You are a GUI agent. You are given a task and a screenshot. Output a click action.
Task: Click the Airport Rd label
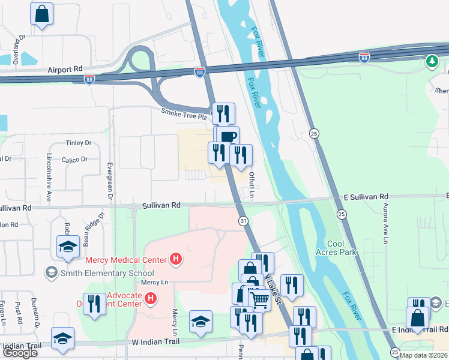point(65,70)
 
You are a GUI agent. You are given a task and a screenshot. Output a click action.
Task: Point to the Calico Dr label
point(76,159)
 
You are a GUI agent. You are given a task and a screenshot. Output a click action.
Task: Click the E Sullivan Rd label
point(366,197)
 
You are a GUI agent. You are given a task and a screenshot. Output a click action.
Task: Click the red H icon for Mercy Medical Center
point(176,259)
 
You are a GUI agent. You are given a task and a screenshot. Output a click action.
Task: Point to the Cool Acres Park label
point(342,248)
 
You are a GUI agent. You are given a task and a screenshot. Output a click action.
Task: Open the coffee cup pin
point(228,137)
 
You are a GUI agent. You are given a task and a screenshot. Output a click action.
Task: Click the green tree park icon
point(432,61)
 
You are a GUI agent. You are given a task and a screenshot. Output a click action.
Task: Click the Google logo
point(20,353)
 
